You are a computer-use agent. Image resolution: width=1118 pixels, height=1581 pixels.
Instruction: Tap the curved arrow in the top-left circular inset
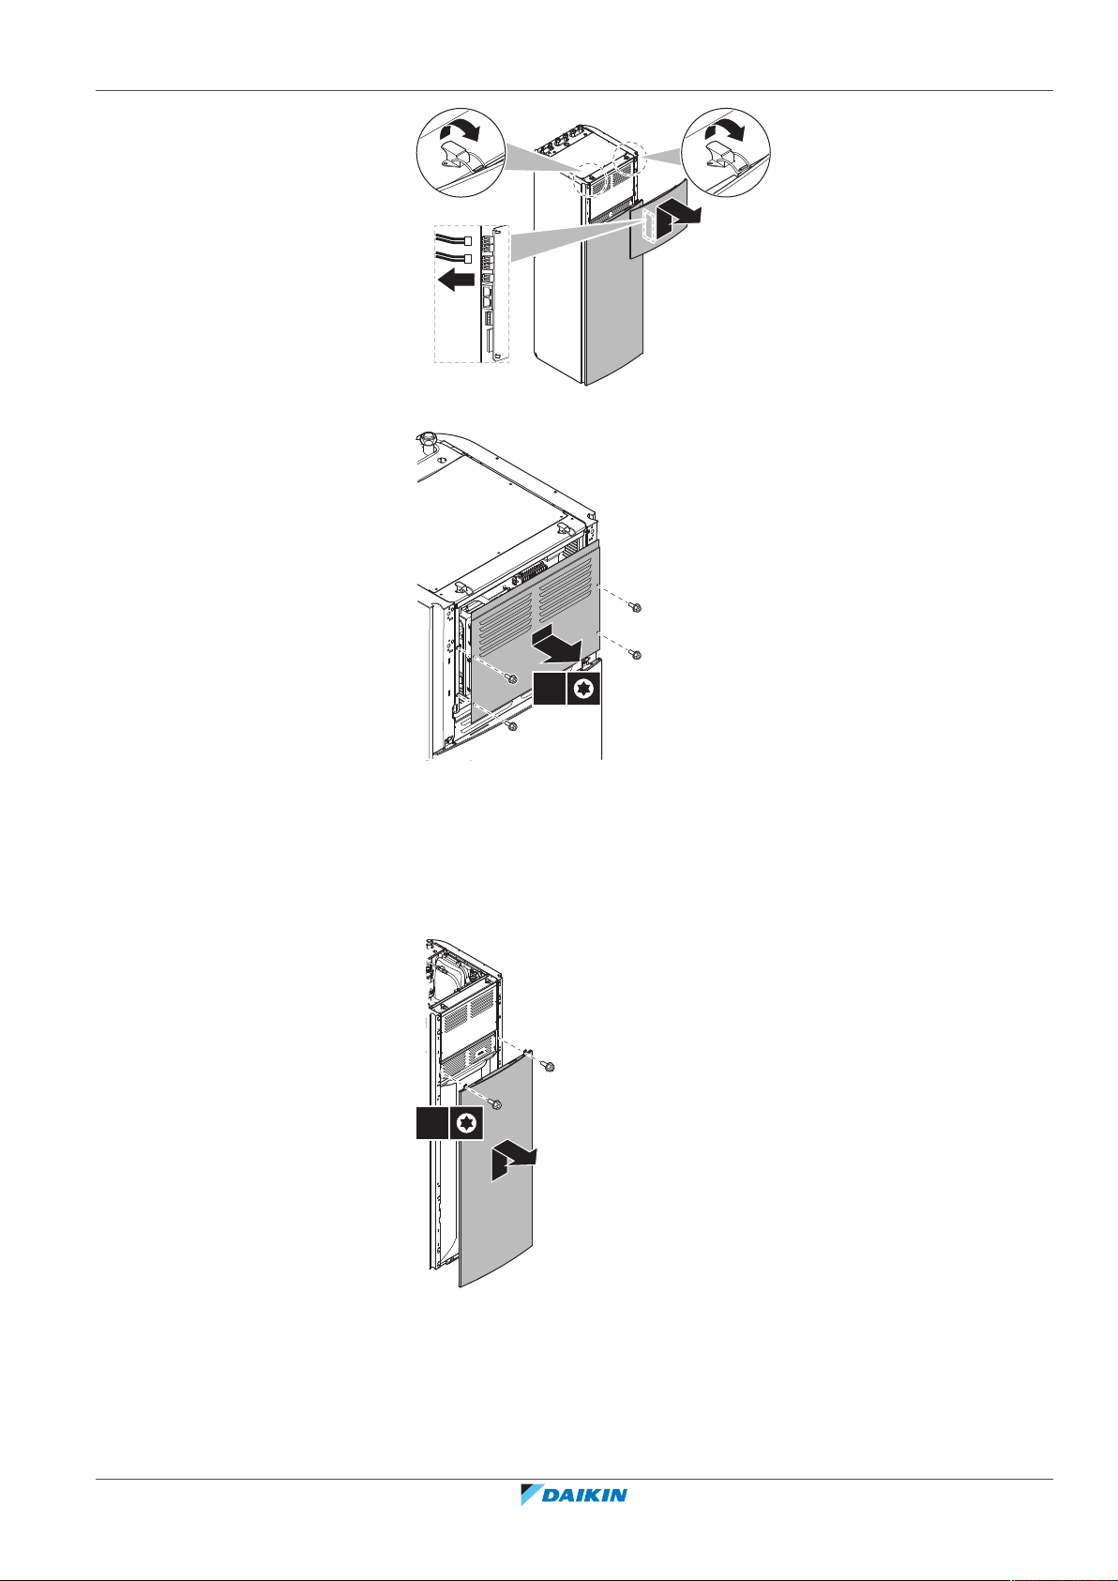point(459,130)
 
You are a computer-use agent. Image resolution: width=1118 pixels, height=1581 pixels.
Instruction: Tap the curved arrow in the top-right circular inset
point(726,129)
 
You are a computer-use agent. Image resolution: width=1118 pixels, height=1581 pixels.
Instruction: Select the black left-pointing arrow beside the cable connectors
point(456,281)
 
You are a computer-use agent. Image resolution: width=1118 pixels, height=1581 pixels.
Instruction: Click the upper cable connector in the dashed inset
point(467,241)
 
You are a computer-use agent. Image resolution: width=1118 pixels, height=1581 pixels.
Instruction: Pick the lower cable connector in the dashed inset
point(467,258)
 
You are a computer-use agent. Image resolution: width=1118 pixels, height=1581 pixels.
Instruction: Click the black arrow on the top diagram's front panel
point(678,217)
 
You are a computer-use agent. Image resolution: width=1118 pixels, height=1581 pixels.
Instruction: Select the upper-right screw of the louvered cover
point(636,607)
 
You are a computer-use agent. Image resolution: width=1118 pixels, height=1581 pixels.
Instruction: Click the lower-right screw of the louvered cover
point(636,654)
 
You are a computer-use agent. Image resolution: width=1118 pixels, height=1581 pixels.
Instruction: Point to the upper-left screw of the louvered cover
point(512,678)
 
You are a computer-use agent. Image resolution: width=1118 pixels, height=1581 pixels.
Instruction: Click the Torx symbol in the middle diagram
point(583,688)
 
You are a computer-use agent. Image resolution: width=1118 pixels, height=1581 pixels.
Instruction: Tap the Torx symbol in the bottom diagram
point(466,1122)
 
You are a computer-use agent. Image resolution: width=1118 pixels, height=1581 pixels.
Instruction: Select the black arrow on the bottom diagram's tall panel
point(514,1160)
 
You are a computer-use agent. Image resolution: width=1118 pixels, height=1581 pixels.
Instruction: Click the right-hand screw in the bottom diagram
point(549,1066)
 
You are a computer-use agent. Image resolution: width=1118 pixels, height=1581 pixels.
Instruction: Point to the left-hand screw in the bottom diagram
point(495,1104)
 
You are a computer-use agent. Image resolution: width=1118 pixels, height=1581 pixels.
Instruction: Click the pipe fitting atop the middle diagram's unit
point(426,441)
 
